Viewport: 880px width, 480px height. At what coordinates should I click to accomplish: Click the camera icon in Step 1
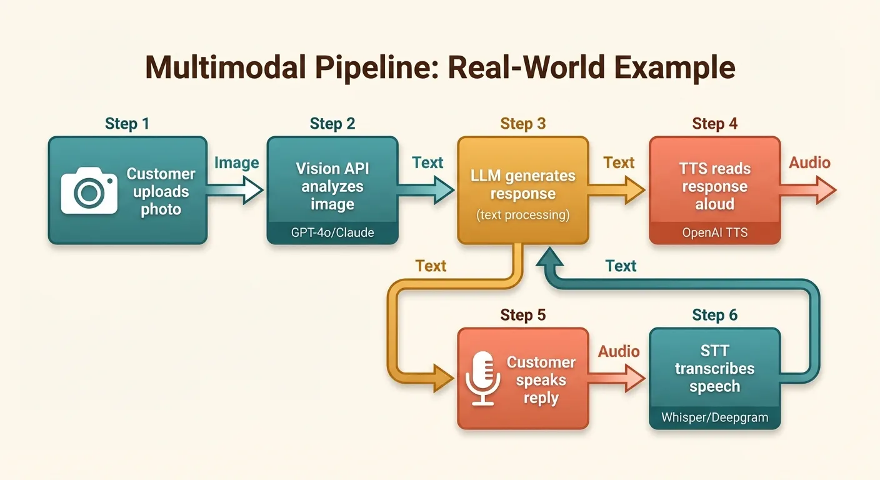tap(89, 190)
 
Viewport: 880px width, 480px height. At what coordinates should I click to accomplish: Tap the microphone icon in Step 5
tap(483, 378)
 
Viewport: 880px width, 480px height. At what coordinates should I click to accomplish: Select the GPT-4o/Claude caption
tap(332, 233)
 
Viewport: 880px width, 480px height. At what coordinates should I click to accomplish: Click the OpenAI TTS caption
tap(714, 233)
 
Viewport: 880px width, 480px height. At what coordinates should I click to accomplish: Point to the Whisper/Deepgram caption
tap(714, 417)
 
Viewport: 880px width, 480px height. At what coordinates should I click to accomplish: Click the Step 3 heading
tap(523, 124)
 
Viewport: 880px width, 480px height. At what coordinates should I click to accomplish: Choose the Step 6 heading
tap(714, 315)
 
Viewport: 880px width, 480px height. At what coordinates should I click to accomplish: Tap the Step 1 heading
tap(127, 124)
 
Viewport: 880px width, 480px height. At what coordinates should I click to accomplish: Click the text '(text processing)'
tap(523, 216)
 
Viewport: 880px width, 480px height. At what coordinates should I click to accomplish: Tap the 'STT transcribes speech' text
tap(714, 369)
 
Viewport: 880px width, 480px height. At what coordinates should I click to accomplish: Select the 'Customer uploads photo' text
tap(161, 191)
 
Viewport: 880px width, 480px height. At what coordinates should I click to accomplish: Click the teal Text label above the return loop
tap(621, 266)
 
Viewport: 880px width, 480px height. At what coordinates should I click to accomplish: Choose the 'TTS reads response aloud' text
tap(714, 186)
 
